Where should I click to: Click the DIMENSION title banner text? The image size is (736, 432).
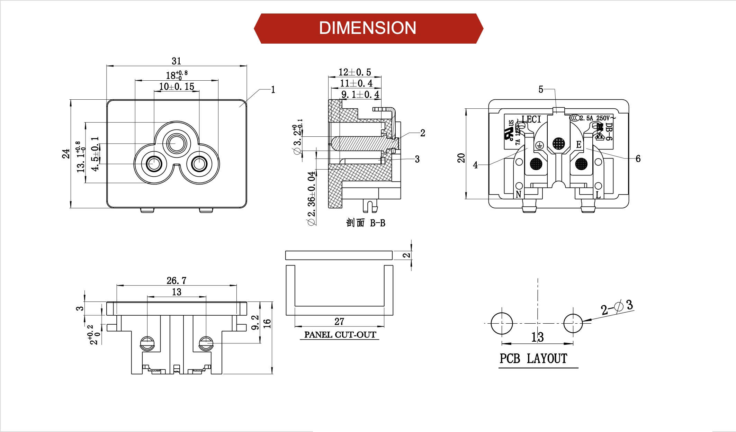pyautogui.click(x=368, y=28)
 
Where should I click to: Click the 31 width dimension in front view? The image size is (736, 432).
pyautogui.click(x=177, y=61)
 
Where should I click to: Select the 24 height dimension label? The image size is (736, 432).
pyautogui.click(x=66, y=154)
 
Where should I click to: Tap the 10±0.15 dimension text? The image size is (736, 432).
pyautogui.click(x=177, y=87)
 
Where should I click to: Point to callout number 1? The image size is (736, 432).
pyautogui.click(x=273, y=90)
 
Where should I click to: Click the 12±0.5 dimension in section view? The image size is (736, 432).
pyautogui.click(x=354, y=72)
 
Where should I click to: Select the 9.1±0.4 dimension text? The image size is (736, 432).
pyautogui.click(x=360, y=94)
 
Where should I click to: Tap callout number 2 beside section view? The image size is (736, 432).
pyautogui.click(x=423, y=133)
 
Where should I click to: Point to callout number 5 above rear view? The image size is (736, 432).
pyautogui.click(x=541, y=89)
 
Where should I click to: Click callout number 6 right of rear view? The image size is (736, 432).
pyautogui.click(x=638, y=159)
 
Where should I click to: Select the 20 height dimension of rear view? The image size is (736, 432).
pyautogui.click(x=461, y=158)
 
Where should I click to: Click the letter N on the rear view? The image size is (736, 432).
pyautogui.click(x=518, y=194)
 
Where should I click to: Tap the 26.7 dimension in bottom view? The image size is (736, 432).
pyautogui.click(x=177, y=280)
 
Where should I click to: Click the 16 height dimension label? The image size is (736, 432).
pyautogui.click(x=267, y=323)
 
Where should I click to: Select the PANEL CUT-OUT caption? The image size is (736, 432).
pyautogui.click(x=340, y=335)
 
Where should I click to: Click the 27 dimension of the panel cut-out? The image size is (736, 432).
pyautogui.click(x=339, y=321)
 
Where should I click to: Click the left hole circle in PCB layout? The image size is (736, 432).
pyautogui.click(x=502, y=323)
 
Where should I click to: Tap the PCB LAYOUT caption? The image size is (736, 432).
pyautogui.click(x=533, y=359)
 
